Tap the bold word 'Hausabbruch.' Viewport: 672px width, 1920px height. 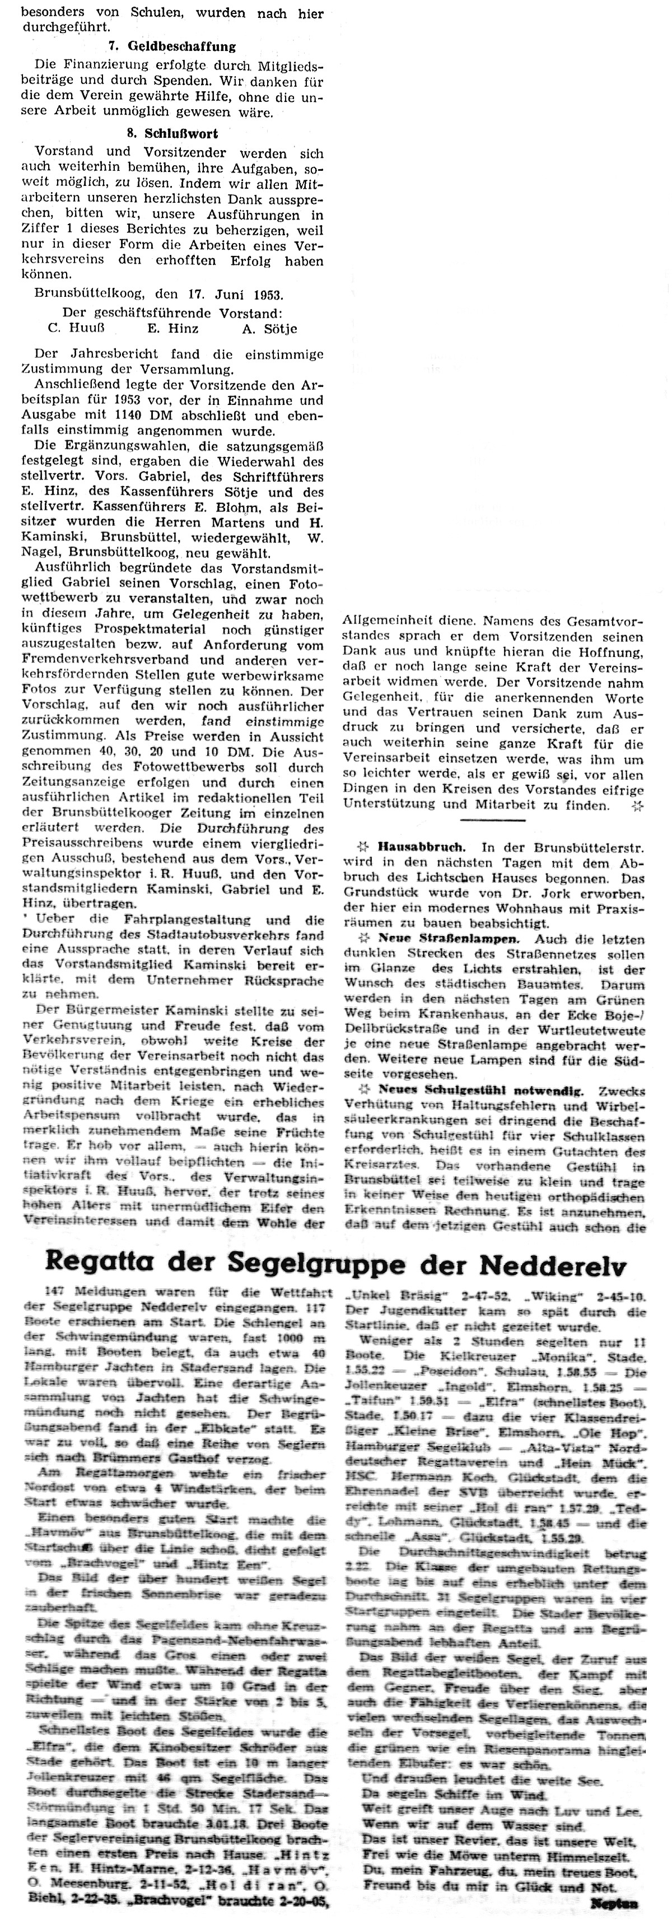[x=421, y=847]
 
